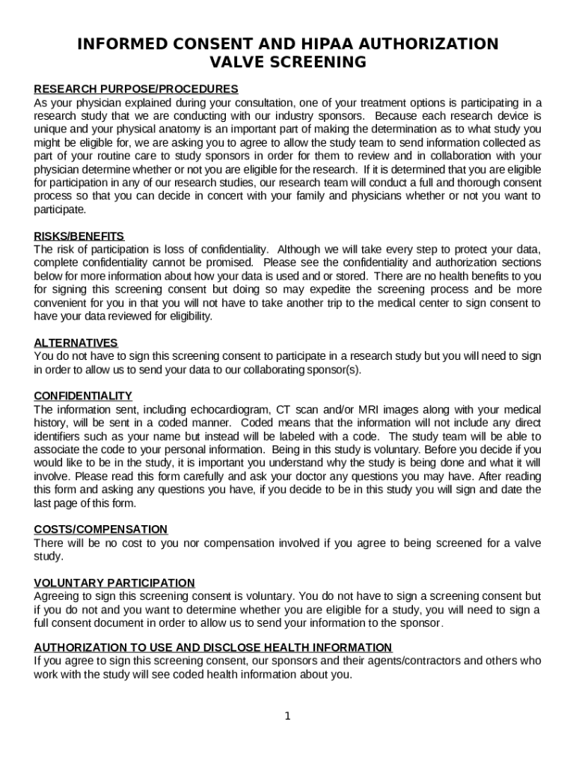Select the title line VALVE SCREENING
(x=288, y=62)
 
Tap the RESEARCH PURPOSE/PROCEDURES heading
(x=136, y=89)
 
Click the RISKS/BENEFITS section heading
(x=79, y=236)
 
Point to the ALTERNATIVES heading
(x=76, y=343)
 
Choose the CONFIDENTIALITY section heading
(x=83, y=396)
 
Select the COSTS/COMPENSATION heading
(x=100, y=530)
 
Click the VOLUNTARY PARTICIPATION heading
(x=114, y=583)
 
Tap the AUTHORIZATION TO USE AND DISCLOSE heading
(x=212, y=647)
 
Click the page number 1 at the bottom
(x=287, y=717)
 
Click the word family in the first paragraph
(x=328, y=196)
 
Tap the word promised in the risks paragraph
(x=229, y=263)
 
